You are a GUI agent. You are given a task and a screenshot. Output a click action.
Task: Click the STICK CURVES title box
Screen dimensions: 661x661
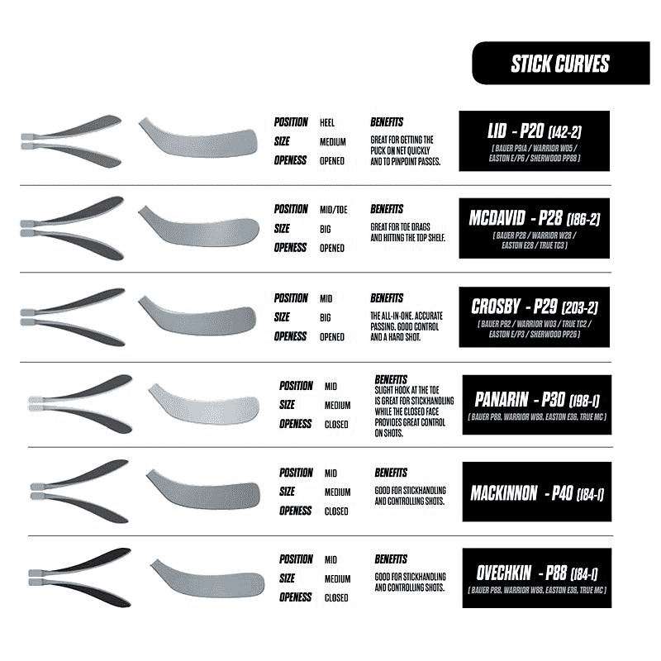pyautogui.click(x=548, y=64)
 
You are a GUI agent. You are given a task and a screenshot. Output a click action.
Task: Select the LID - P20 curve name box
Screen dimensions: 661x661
pyautogui.click(x=535, y=140)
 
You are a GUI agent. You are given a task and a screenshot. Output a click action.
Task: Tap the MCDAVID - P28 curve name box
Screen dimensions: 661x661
pyautogui.click(x=535, y=227)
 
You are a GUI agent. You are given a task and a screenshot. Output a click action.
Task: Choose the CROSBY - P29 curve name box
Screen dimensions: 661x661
pyautogui.click(x=535, y=316)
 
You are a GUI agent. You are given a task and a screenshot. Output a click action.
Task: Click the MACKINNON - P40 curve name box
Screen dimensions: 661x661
pyautogui.click(x=537, y=494)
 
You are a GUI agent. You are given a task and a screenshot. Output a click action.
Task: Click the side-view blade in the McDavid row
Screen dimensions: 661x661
pyautogui.click(x=198, y=227)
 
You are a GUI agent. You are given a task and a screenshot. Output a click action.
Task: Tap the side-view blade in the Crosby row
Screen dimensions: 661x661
pyautogui.click(x=198, y=316)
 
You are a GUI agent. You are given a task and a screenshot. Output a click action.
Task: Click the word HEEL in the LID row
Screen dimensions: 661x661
pyautogui.click(x=326, y=122)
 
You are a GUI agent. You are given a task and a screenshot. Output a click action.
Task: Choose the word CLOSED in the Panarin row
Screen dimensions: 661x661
pyautogui.click(x=336, y=425)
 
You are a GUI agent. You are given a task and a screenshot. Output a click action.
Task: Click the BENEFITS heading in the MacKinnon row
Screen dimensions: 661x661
pyautogui.click(x=391, y=473)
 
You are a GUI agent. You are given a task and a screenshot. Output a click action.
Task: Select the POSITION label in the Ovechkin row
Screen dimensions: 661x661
pyautogui.click(x=295, y=559)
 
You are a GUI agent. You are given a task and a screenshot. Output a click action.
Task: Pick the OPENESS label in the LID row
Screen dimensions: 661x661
pyautogui.click(x=291, y=160)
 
